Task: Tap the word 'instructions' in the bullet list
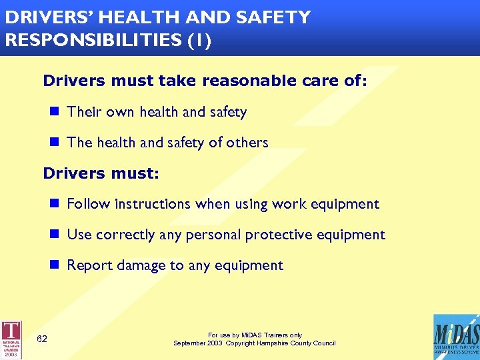[151, 204]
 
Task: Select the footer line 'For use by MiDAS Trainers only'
[255, 335]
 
